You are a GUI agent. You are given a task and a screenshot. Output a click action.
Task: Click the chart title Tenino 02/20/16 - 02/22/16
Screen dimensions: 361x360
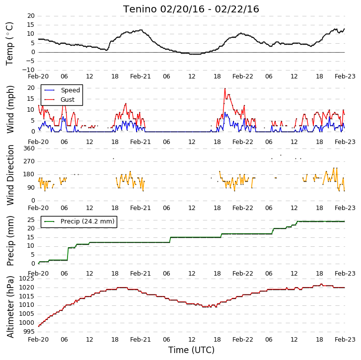(191, 9)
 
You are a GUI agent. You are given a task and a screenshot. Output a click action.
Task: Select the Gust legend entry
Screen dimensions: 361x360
(60, 100)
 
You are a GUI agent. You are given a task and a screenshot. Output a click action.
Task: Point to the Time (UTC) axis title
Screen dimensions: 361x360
(191, 350)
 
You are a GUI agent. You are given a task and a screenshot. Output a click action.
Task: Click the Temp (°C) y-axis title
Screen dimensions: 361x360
(9, 44)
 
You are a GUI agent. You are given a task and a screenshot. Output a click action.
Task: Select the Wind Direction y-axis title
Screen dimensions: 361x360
(10, 175)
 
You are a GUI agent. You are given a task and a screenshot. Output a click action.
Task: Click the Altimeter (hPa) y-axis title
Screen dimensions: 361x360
(10, 307)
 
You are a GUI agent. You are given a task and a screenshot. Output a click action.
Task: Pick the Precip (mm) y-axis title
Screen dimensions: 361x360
(10, 241)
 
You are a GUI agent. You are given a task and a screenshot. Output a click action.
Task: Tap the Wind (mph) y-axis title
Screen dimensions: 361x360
(10, 109)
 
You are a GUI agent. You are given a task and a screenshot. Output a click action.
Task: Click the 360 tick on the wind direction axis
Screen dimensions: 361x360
(29, 148)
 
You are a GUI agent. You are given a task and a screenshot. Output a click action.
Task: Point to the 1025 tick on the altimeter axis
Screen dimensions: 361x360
(26, 279)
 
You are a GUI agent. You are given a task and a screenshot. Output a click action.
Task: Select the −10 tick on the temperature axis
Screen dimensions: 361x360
(28, 70)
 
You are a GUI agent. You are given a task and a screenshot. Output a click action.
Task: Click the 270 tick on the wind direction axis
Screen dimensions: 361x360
(29, 161)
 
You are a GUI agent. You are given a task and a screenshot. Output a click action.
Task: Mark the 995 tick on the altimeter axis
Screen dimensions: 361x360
(28, 332)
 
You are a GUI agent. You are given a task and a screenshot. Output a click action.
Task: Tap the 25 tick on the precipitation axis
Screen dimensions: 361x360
(31, 220)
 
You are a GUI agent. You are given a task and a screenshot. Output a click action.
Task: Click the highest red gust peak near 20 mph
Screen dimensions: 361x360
(225, 88)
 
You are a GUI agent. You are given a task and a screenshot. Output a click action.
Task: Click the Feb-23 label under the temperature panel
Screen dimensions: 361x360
(345, 76)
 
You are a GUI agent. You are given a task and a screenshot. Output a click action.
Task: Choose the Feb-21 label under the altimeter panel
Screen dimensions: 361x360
(140, 340)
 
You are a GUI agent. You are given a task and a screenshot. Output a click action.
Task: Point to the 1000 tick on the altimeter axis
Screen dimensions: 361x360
(26, 323)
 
